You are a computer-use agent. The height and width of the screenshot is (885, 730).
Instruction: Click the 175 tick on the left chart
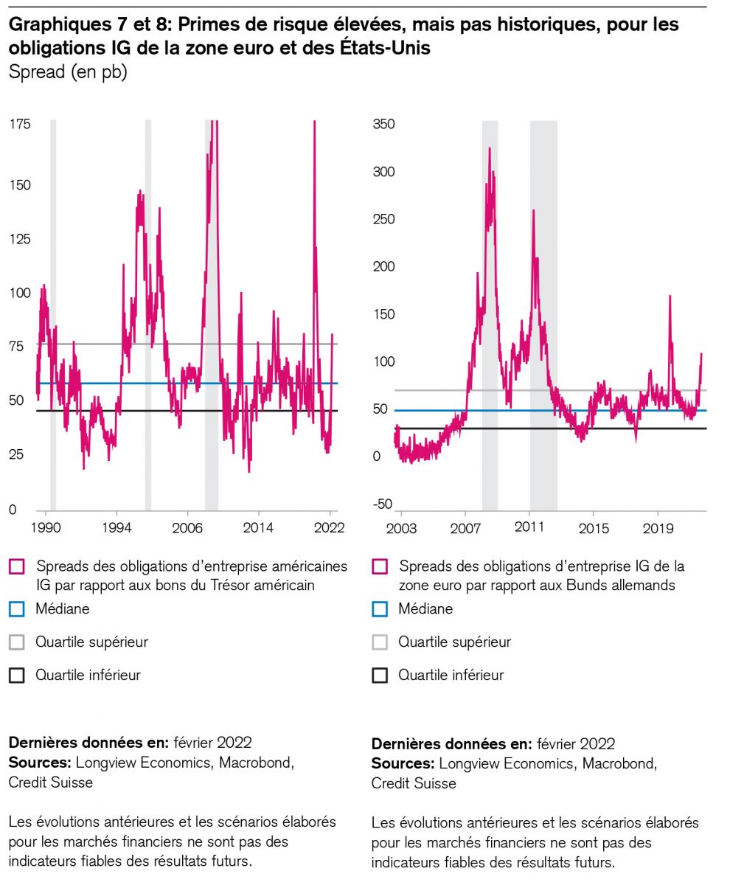pos(20,124)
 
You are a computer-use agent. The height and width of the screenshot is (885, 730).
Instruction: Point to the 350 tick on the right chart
pos(383,124)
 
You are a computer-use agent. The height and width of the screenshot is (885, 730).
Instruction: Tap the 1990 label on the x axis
pos(46,528)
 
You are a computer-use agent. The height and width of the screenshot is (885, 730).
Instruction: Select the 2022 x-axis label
pos(330,528)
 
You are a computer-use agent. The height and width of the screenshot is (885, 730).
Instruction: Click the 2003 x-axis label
pos(401,528)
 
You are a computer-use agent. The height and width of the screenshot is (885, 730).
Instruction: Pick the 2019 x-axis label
pos(658,528)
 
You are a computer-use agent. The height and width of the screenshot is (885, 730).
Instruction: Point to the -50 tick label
pos(383,504)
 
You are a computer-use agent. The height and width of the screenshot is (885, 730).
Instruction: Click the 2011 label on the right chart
pos(529,528)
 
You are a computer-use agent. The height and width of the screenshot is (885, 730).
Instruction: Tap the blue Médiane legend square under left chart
pos(16,609)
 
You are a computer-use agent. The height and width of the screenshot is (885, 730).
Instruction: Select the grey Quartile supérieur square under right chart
pos(380,642)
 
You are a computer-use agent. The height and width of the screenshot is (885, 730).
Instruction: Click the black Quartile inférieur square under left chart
pos(16,675)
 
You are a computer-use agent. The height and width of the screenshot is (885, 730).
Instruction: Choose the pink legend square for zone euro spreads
pos(380,567)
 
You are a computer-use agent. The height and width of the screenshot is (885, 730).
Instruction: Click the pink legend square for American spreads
pos(16,567)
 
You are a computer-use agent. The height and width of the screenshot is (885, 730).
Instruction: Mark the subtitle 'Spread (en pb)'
pos(68,74)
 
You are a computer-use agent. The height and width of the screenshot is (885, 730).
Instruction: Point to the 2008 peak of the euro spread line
pos(490,149)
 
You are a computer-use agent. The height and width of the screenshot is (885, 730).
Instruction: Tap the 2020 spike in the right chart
pos(670,296)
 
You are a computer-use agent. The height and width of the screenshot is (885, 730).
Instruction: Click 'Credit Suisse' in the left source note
pos(51,782)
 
